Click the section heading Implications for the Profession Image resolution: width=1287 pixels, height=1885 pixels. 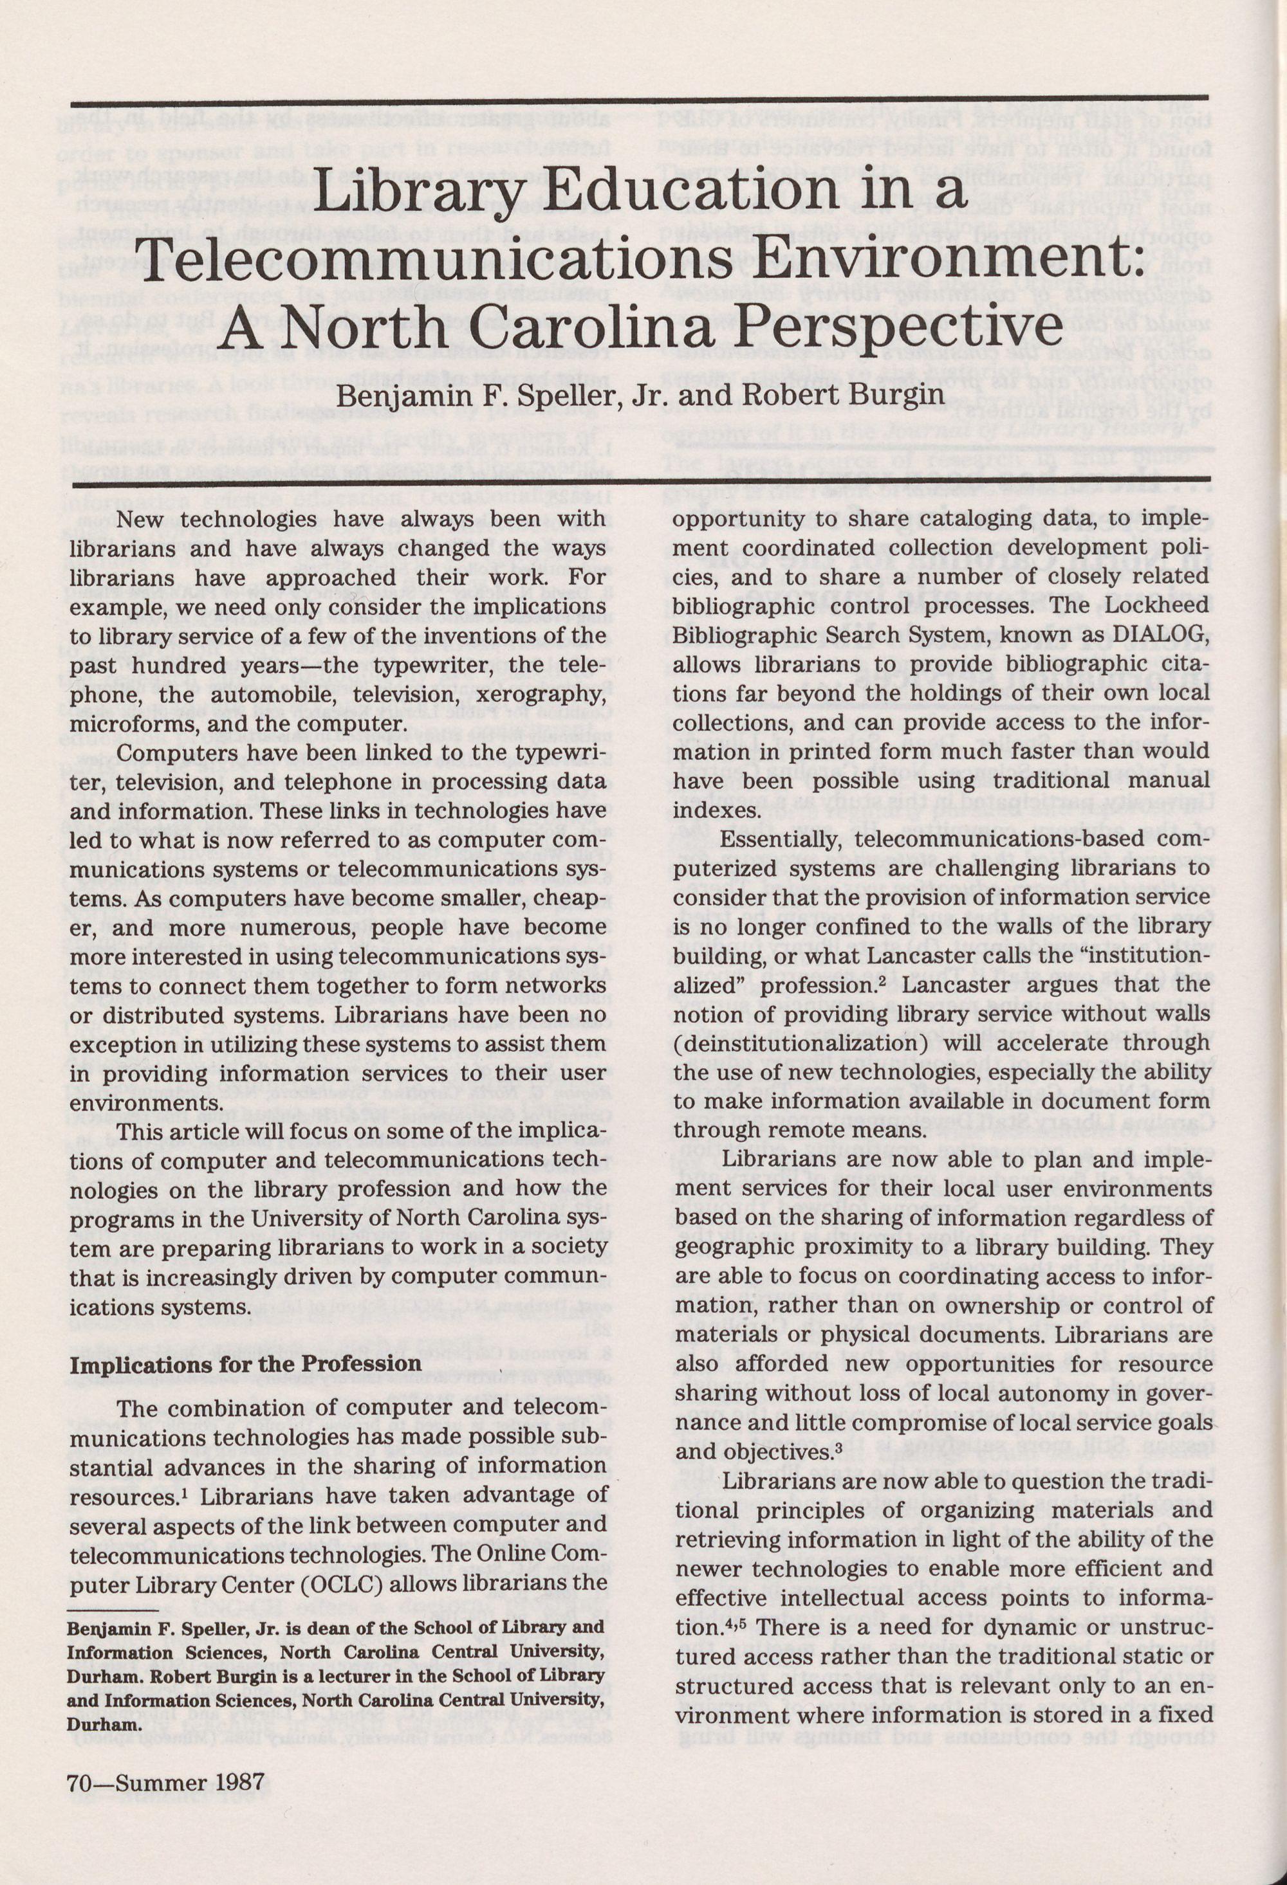click(245, 1363)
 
